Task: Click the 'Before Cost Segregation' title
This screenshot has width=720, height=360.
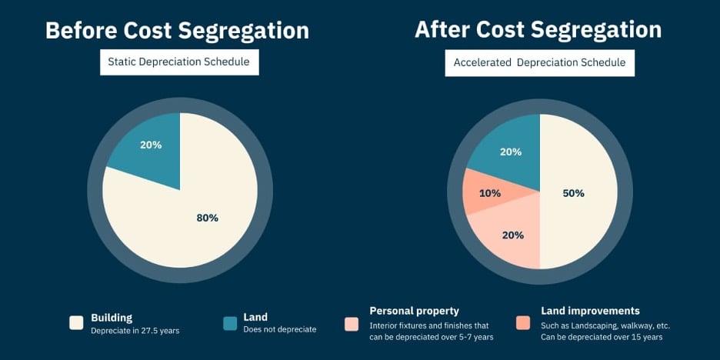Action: (x=177, y=30)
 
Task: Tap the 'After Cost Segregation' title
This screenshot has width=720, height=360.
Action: (x=538, y=29)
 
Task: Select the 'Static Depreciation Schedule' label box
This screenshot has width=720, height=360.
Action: (x=179, y=62)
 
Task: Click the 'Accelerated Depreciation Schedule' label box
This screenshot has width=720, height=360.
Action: (x=539, y=62)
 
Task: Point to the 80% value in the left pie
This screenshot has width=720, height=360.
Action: (x=208, y=218)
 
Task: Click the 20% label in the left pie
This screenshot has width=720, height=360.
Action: (x=151, y=145)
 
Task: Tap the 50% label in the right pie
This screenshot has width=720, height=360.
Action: (x=573, y=193)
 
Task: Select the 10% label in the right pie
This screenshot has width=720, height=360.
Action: (x=490, y=193)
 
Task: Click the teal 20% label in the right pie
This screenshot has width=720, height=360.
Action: (x=511, y=152)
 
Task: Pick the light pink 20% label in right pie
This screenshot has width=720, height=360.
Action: (x=513, y=235)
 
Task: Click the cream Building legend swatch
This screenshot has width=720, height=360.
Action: (x=76, y=323)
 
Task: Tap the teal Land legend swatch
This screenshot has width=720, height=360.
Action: (x=230, y=323)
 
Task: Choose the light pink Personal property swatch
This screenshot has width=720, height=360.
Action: (x=352, y=323)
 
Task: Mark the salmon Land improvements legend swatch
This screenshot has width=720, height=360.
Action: (x=523, y=323)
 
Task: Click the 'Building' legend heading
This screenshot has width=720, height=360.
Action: (x=112, y=317)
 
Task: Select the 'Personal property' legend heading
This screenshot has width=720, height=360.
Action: (x=414, y=311)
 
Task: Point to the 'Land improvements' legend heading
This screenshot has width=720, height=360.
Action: (x=590, y=311)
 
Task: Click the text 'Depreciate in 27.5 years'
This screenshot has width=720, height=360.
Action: (x=135, y=330)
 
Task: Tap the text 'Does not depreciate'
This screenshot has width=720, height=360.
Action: (x=279, y=330)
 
